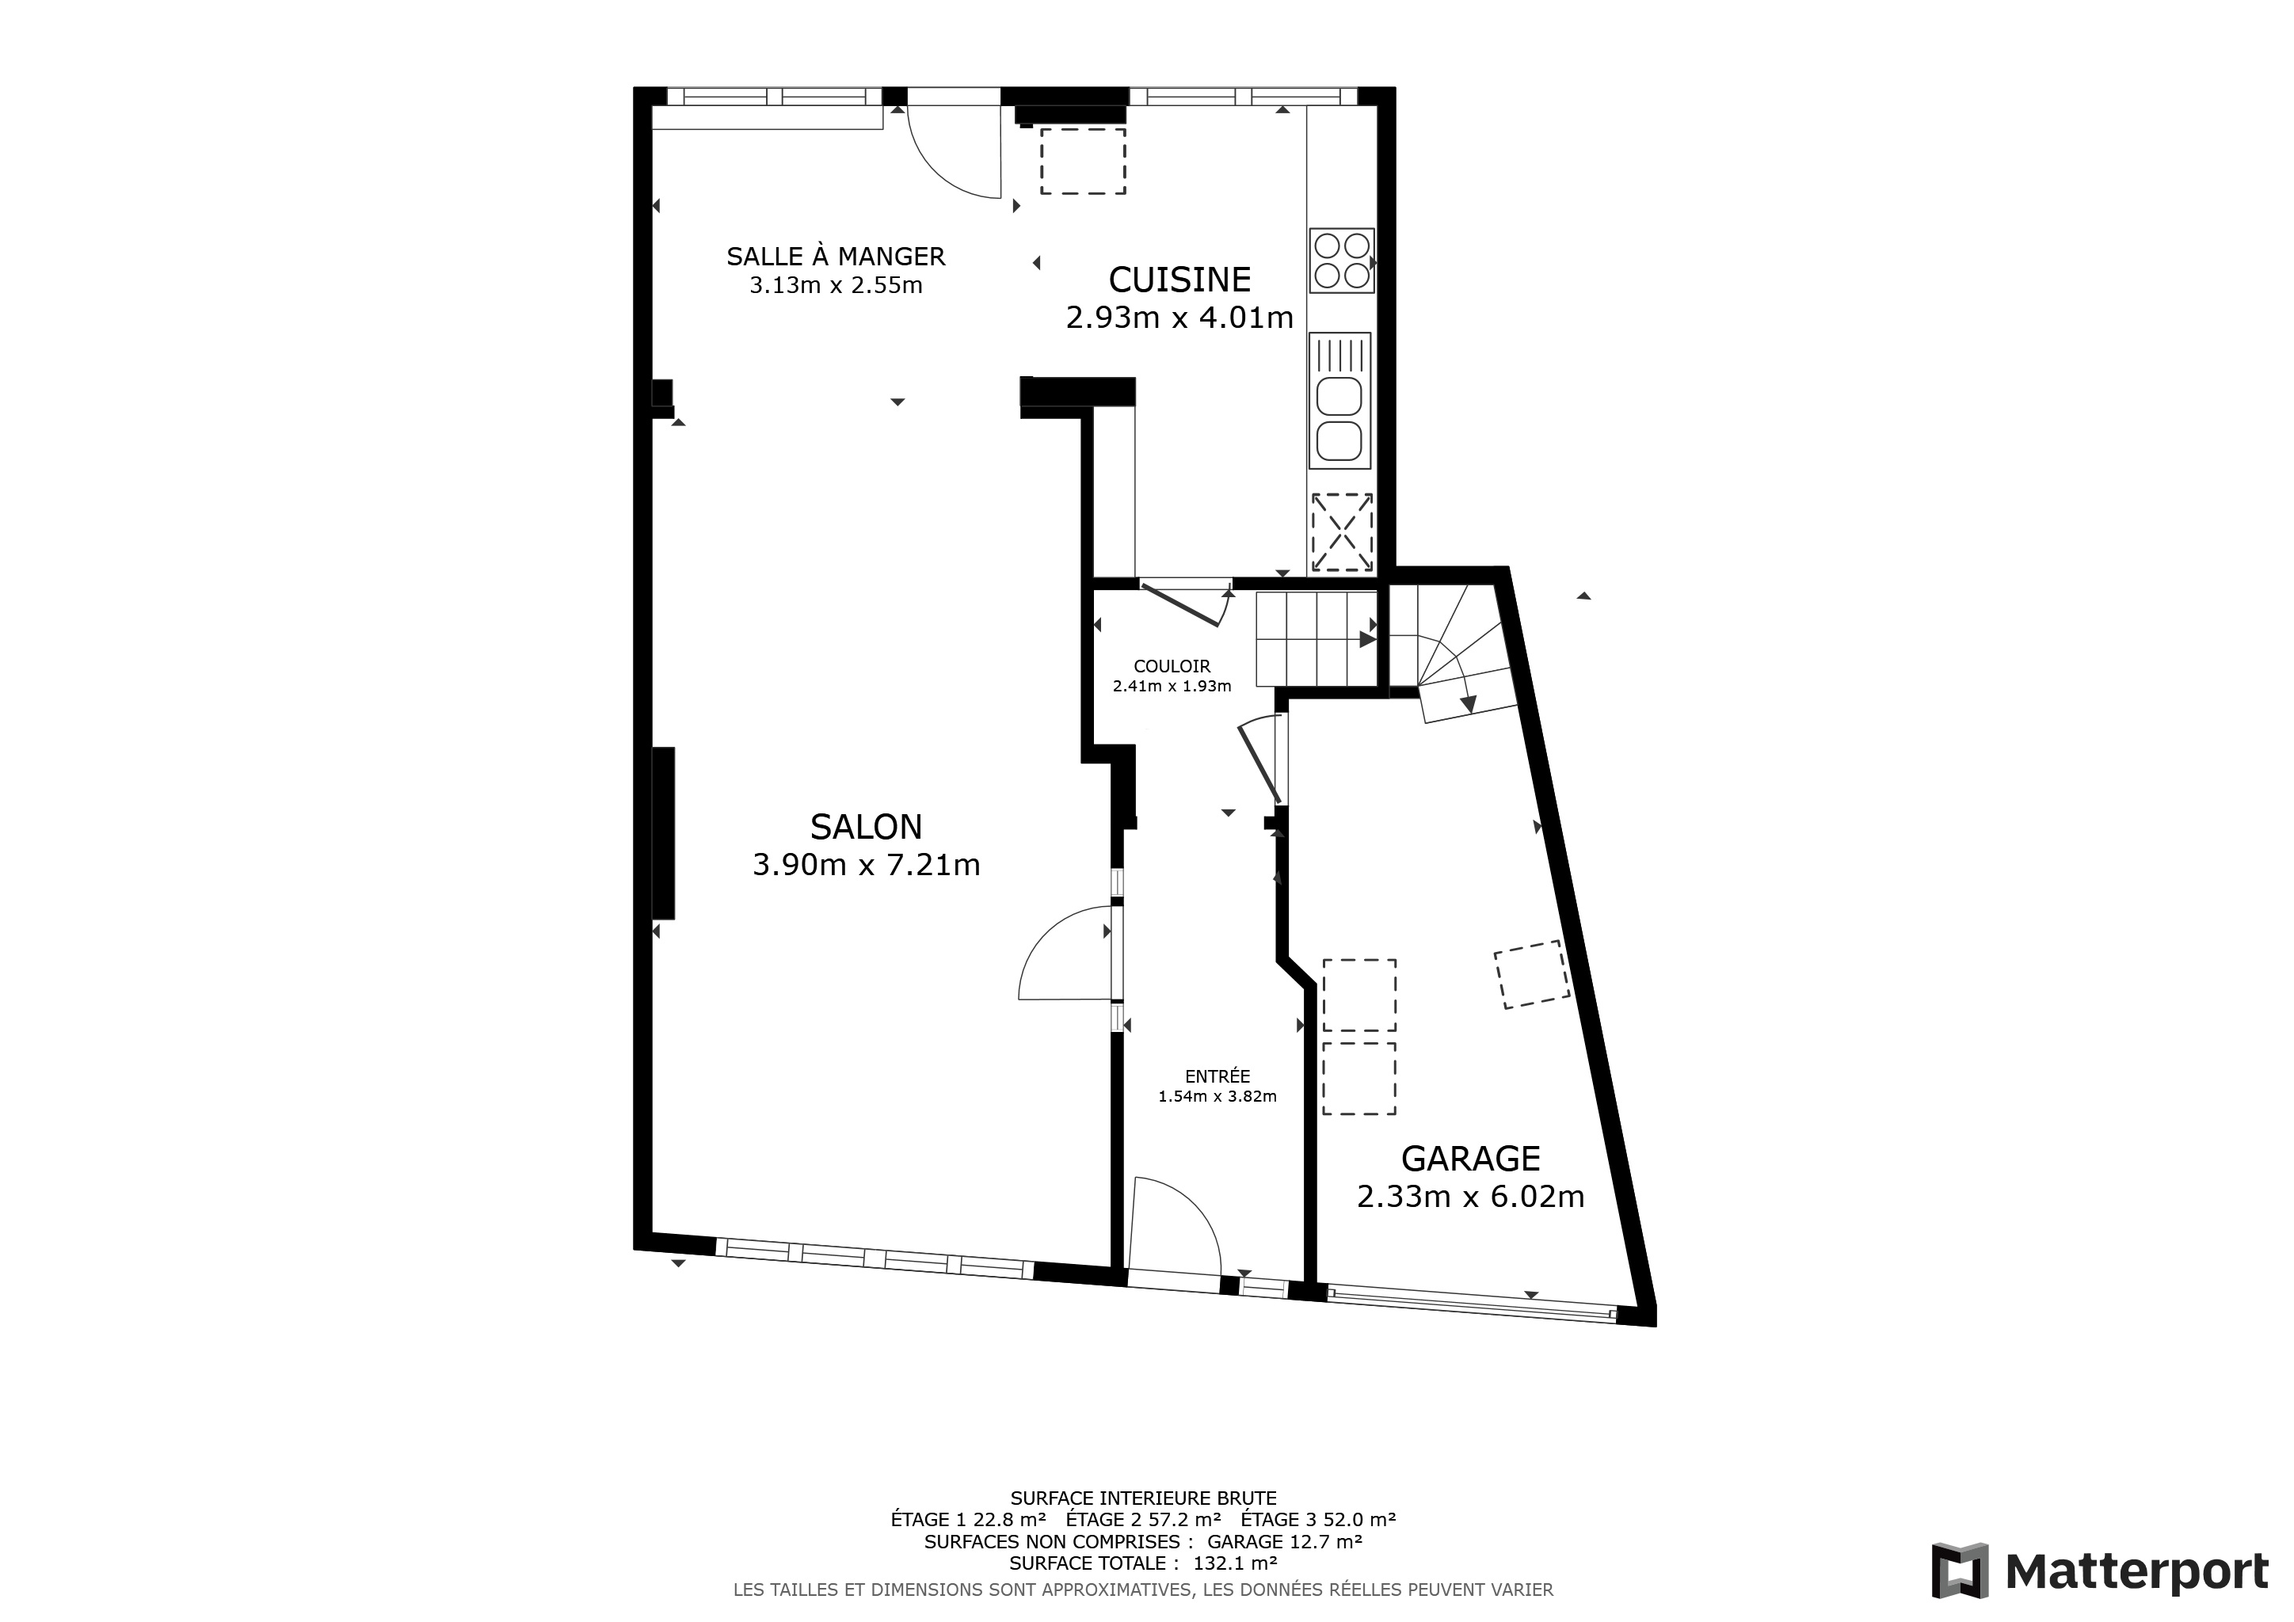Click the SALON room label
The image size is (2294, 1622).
pos(867,827)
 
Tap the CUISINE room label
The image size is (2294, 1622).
pos(1180,280)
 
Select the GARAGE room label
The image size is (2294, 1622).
pos(1471,1159)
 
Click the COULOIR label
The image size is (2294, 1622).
pos(1172,666)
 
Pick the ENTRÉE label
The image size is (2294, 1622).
pos(1217,1076)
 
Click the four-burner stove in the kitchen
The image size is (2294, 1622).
pos(1342,261)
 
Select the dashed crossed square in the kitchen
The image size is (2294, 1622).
pos(1342,533)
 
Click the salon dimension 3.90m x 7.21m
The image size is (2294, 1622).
pos(867,865)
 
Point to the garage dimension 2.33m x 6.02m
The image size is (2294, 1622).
pos(1471,1197)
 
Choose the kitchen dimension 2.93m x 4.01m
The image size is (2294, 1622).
pos(1180,318)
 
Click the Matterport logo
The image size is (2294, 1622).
pos(2099,1571)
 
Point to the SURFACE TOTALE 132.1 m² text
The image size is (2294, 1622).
pos(1144,1563)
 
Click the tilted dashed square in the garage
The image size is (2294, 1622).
pos(1532,975)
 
